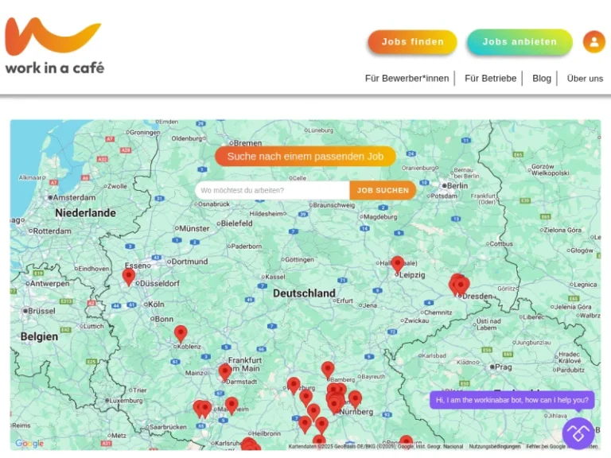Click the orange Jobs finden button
tap(412, 42)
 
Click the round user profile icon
tap(593, 41)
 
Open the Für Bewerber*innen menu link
tap(407, 78)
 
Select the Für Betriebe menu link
tap(490, 78)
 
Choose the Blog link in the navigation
tap(542, 78)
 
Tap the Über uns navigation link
tap(585, 78)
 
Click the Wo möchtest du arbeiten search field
tap(272, 190)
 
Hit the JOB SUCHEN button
tap(383, 190)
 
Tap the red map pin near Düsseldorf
tap(129, 276)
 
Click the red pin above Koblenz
tap(181, 332)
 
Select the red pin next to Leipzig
tap(397, 263)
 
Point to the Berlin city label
tap(456, 185)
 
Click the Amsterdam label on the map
tap(74, 197)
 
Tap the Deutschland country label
tap(304, 293)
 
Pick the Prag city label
tap(503, 367)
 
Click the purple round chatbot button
tap(578, 433)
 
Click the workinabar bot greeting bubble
tap(512, 400)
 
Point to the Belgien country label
tap(39, 336)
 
